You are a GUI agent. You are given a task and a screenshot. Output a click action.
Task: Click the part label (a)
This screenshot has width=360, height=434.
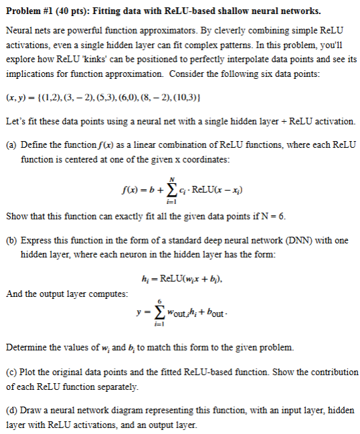(12, 145)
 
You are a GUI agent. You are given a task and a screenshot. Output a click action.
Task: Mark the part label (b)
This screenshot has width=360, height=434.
(12, 239)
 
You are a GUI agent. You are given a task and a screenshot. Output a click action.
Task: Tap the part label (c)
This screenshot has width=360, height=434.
(11, 371)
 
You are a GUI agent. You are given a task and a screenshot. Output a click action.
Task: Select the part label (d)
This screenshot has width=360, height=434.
(12, 409)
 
